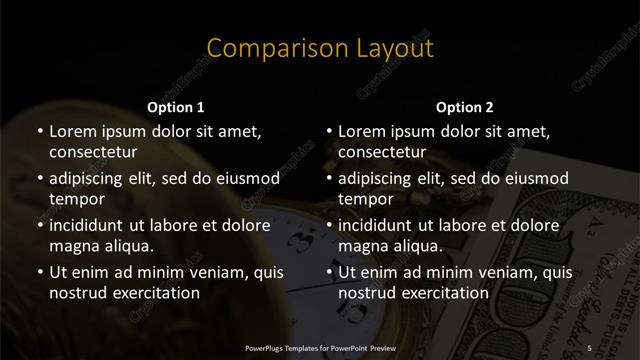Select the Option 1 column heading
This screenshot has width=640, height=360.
point(176,106)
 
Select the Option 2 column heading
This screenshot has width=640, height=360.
point(464,106)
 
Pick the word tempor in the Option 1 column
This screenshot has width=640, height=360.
point(75,200)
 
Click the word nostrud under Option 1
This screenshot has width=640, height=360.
point(78,293)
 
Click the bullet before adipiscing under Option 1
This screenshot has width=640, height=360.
point(39,180)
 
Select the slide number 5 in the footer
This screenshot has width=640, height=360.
point(590,347)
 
